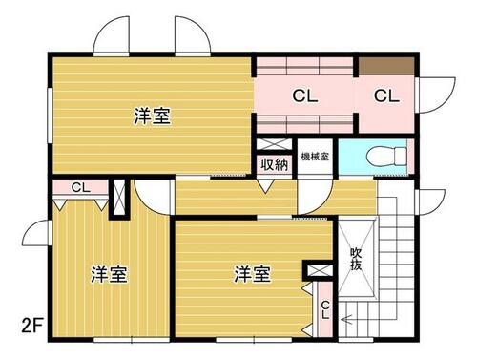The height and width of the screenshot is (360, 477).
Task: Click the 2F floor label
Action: click(x=31, y=326)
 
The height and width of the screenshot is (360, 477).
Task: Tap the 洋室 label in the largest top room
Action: click(x=153, y=116)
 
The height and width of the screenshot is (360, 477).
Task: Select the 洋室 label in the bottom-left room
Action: click(x=109, y=274)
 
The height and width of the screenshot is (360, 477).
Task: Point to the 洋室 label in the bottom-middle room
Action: click(x=253, y=274)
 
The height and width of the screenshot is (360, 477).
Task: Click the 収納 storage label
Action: click(x=275, y=164)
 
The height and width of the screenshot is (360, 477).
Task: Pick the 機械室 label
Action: click(x=315, y=157)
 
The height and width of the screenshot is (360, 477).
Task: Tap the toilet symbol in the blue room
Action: click(x=386, y=156)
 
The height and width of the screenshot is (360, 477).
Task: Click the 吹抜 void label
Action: click(x=356, y=259)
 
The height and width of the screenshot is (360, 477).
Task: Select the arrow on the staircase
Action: click(x=345, y=319)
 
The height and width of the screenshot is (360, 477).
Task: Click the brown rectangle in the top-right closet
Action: click(x=386, y=66)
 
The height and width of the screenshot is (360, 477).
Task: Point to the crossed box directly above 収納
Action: click(x=274, y=144)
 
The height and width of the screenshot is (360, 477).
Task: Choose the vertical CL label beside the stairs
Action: click(x=325, y=310)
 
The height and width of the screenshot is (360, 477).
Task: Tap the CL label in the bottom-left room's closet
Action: click(x=81, y=187)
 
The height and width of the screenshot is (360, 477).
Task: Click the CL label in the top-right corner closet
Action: click(x=386, y=95)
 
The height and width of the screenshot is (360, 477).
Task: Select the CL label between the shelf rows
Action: click(x=305, y=95)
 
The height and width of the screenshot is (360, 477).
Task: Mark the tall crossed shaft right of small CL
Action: click(x=119, y=198)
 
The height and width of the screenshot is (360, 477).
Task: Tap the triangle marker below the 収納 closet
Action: click(x=266, y=186)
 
